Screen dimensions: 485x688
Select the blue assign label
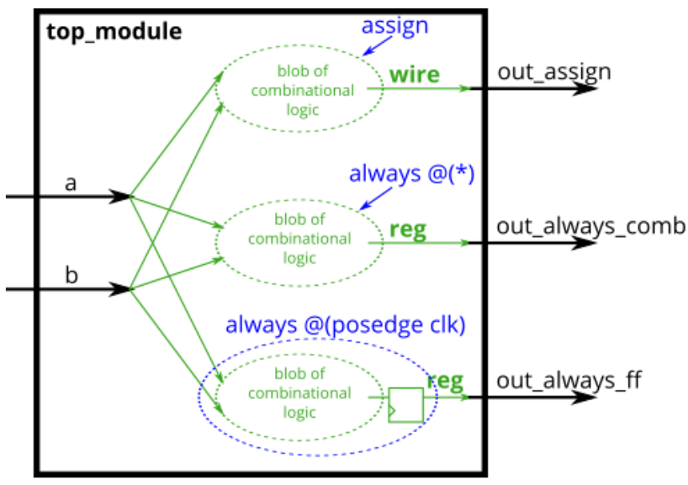click(394, 25)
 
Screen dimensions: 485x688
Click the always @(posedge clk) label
click(345, 325)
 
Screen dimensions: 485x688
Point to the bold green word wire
click(414, 75)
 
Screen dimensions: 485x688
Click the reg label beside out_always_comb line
click(407, 230)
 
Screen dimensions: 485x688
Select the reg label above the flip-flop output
click(445, 382)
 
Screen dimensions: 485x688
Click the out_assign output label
click(553, 72)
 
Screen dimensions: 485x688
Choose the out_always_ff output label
click(569, 381)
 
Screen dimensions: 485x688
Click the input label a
click(71, 182)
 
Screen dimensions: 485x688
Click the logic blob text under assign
click(301, 89)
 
